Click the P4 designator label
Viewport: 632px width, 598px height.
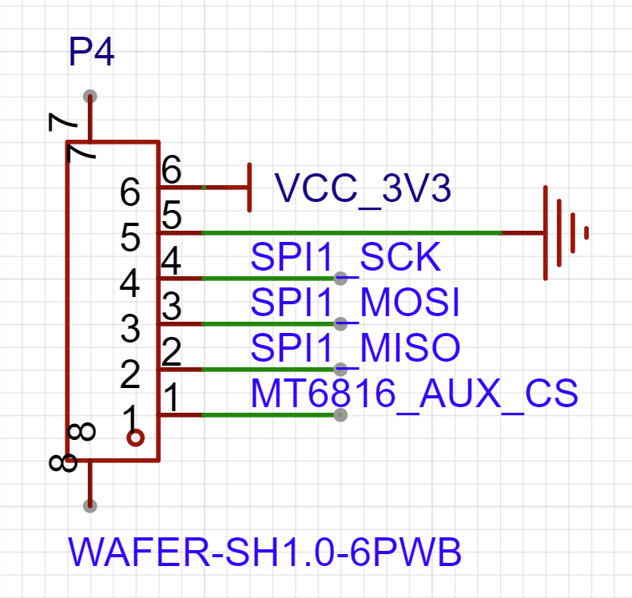[x=91, y=53]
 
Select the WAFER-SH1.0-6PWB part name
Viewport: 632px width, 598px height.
[x=264, y=552]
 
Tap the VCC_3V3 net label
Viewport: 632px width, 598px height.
[x=363, y=188]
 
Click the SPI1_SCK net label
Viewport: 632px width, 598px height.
[x=345, y=257]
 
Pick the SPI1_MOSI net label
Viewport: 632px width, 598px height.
[x=355, y=303]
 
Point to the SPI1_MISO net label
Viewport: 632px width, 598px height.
[x=356, y=347]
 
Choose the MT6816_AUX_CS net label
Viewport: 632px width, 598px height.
[x=414, y=393]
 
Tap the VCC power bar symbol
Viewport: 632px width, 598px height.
[x=250, y=188]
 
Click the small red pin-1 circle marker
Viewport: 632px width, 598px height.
[x=136, y=438]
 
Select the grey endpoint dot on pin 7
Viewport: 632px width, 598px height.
[x=90, y=96]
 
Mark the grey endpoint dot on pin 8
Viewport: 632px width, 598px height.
[x=90, y=505]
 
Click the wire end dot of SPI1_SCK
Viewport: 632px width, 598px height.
[x=341, y=278]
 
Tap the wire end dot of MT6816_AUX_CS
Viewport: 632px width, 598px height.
[x=341, y=415]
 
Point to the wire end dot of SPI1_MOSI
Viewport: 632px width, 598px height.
[x=341, y=323]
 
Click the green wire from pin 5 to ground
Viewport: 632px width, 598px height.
[x=352, y=233]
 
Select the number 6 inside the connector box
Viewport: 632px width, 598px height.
[x=130, y=192]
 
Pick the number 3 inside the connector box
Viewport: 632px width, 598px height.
[x=130, y=327]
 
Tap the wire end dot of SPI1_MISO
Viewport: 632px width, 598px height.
[x=341, y=369]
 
